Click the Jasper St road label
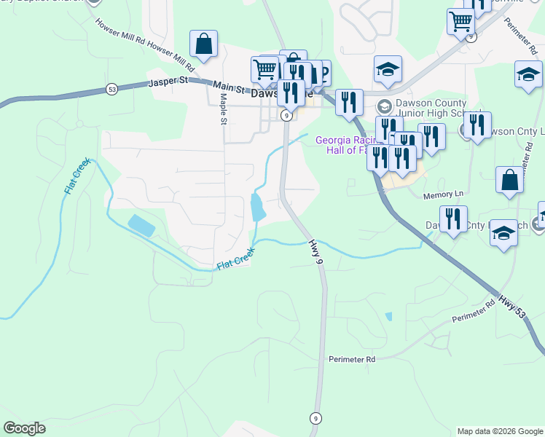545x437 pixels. (x=168, y=83)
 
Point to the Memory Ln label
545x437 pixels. (x=443, y=194)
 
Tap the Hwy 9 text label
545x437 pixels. (x=315, y=251)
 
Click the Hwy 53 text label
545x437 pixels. (x=512, y=304)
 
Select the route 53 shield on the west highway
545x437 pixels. (x=111, y=89)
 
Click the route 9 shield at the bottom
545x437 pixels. (x=315, y=418)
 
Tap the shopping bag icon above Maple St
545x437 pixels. (x=204, y=44)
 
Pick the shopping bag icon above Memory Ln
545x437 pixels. (x=509, y=181)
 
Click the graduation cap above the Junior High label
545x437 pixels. (x=388, y=70)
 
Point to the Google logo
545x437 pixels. (x=24, y=428)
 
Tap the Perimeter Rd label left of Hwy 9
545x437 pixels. (x=351, y=359)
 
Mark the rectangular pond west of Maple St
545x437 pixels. (x=141, y=226)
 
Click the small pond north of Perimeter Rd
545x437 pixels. (x=388, y=317)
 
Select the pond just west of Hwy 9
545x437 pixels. (x=257, y=207)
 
